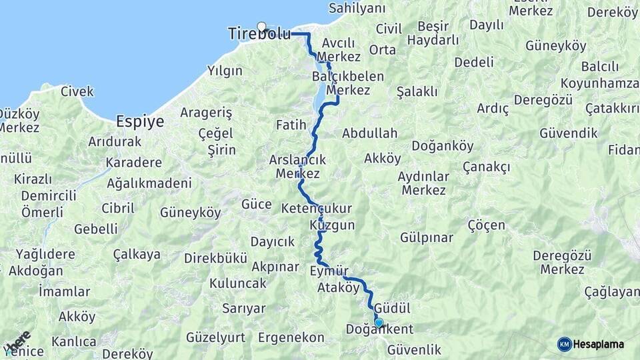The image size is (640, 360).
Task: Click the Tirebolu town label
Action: tap(259, 34)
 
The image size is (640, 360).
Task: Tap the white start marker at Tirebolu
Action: tap(262, 27)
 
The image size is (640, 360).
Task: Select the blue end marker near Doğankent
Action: tap(379, 323)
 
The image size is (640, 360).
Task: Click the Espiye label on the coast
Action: tap(140, 121)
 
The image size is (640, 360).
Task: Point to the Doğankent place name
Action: tap(379, 329)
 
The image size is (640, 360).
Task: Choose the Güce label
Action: tap(256, 204)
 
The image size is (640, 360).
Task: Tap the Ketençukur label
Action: tap(317, 207)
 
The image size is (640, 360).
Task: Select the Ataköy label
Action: tap(339, 289)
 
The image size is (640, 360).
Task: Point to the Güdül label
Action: tap(392, 308)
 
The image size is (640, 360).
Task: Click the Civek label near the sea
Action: tap(77, 91)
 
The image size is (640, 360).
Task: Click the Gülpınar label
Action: tap(427, 237)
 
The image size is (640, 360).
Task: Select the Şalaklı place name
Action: tap(417, 91)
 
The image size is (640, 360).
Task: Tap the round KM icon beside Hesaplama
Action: tap(564, 344)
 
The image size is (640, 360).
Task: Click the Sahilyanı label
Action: tap(357, 9)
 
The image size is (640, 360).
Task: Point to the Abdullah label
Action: tap(369, 133)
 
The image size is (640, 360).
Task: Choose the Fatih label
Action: tap(291, 125)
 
